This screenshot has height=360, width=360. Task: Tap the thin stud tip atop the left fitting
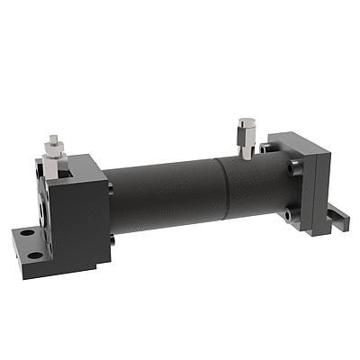pyautogui.click(x=54, y=138)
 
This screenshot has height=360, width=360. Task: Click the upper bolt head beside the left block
pyautogui.click(x=111, y=186)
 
